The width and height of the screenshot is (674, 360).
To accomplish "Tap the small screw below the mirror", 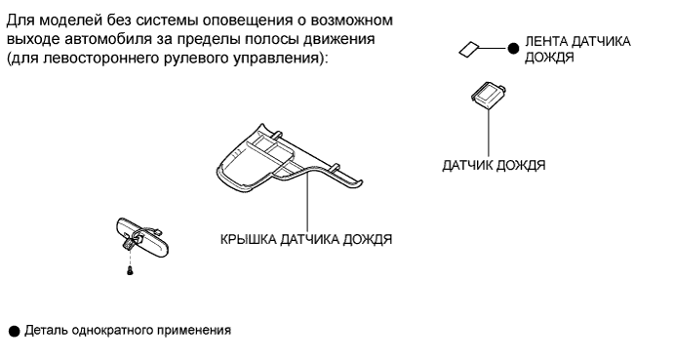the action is coord(130,271).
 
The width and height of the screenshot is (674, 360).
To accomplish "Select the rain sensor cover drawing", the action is coord(289,160).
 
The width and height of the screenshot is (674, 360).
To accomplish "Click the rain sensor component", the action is coord(489,93).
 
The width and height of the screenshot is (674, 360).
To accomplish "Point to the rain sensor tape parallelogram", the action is coord(468,49).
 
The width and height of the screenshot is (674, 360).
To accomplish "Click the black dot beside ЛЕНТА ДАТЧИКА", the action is coord(513,49).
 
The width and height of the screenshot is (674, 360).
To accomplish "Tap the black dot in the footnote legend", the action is coord(15,331).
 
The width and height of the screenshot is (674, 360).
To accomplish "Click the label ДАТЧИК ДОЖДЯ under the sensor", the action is coord(494,166).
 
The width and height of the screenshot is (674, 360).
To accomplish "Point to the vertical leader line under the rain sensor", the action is coord(489,131).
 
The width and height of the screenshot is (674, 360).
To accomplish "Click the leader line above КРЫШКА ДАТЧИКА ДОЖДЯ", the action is coord(307,202).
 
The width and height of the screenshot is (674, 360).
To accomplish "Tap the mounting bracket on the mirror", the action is coord(129,244).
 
